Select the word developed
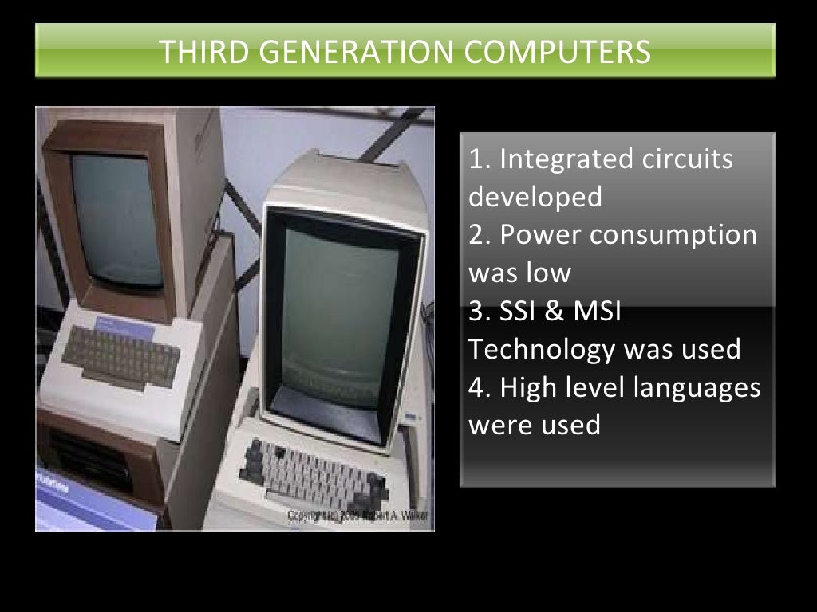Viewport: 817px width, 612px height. [535, 197]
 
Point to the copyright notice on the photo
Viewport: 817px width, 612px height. [357, 516]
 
